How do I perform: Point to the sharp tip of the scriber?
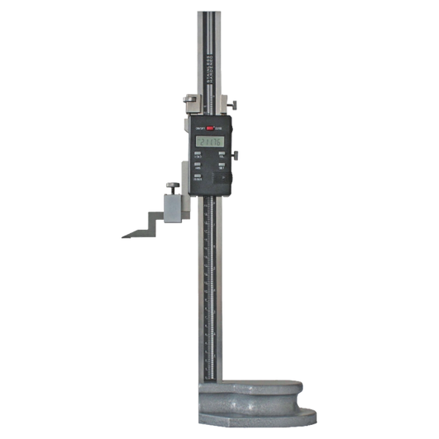coord(122,238)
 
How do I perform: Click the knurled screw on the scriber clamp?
coord(170,185)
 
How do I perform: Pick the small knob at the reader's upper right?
coord(234,102)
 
